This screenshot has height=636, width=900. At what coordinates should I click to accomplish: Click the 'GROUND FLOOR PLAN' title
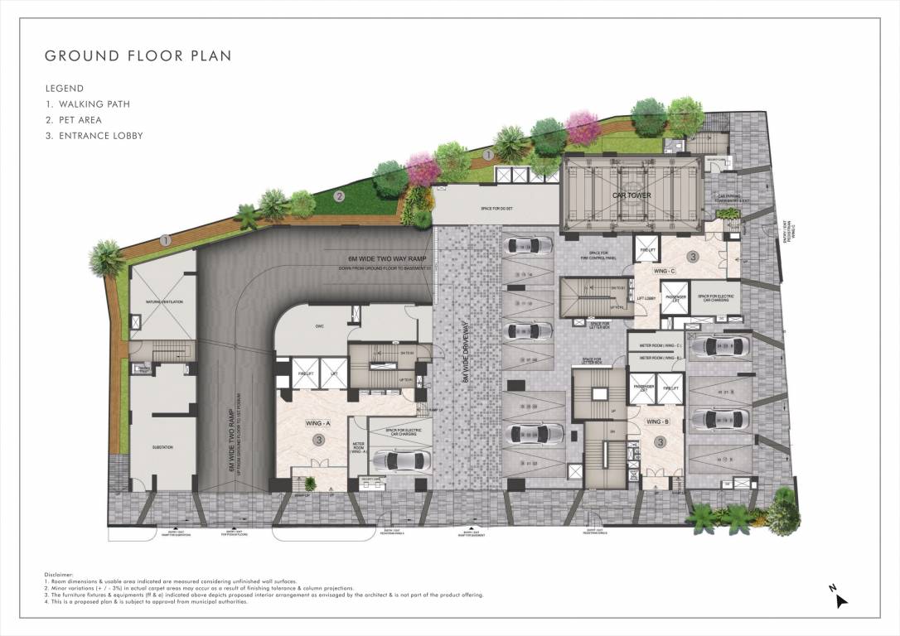click(138, 56)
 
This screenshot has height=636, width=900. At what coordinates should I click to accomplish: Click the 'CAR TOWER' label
click(631, 195)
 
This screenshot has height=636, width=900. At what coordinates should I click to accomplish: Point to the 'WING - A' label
click(318, 423)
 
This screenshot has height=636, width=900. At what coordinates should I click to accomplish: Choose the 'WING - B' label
click(658, 422)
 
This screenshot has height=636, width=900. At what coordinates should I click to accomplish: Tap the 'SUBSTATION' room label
click(162, 448)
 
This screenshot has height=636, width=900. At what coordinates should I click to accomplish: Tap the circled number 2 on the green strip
click(339, 196)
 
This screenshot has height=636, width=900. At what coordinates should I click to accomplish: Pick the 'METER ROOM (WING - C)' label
click(656, 345)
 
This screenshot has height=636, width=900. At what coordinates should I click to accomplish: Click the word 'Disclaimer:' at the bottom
click(59, 574)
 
